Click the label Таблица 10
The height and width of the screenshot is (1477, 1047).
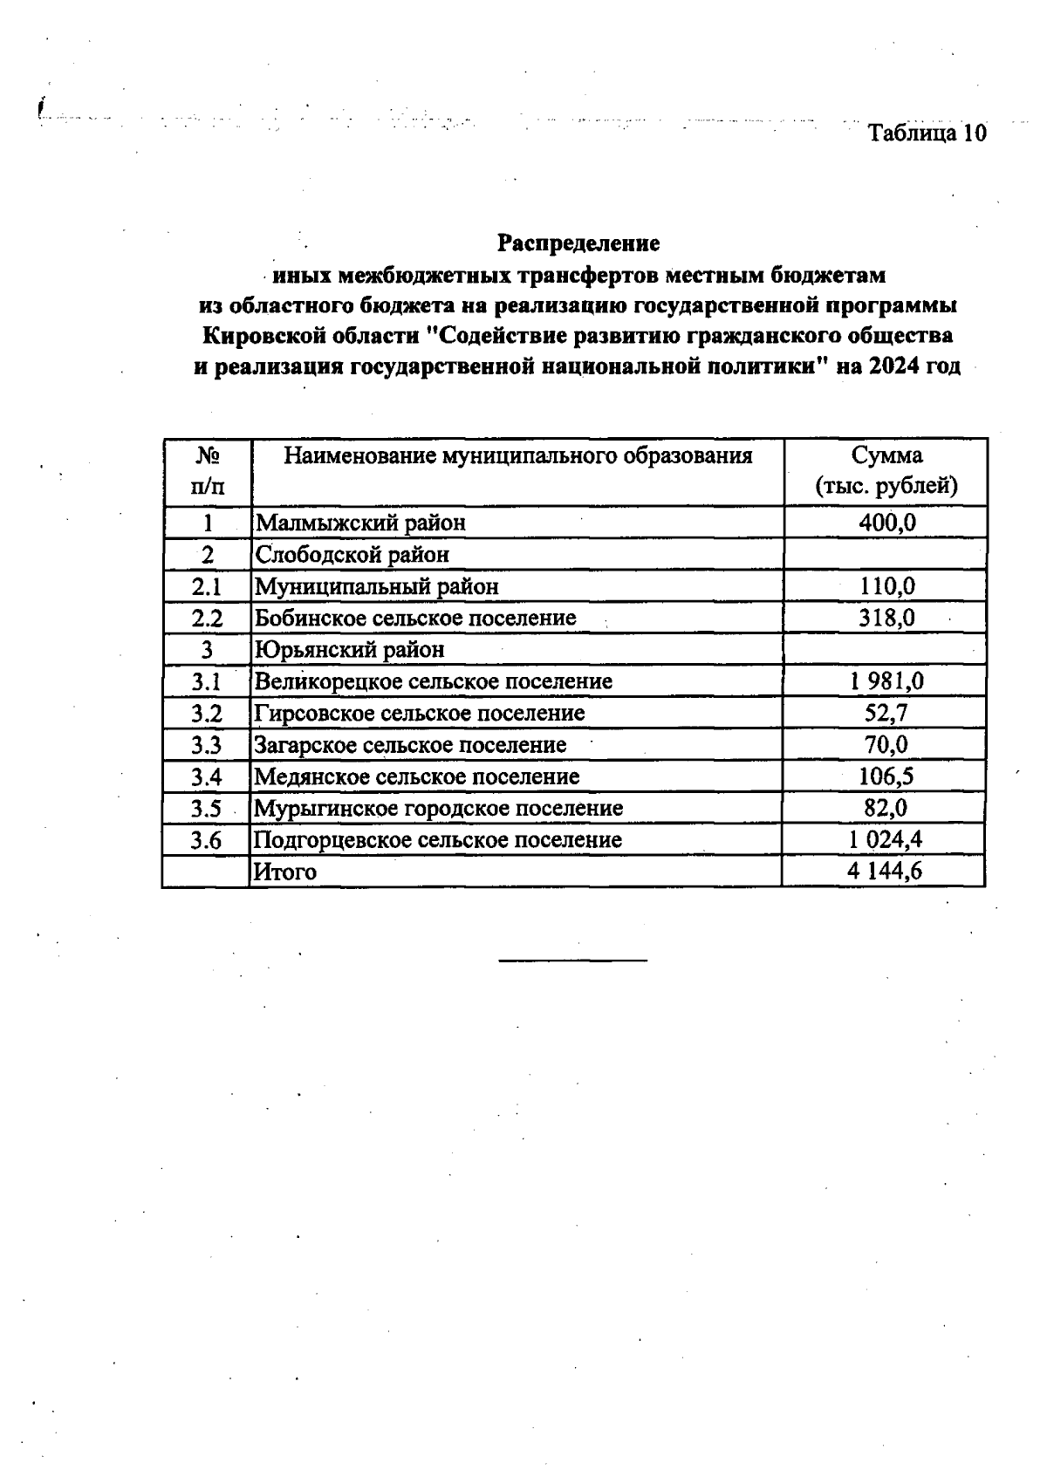927,133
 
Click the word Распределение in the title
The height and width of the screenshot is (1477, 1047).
578,242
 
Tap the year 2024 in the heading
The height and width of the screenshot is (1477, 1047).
892,366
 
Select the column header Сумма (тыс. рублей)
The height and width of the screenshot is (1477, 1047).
886,471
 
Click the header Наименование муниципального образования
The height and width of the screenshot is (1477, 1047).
518,456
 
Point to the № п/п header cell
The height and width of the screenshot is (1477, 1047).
208,471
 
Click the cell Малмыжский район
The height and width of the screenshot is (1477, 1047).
360,523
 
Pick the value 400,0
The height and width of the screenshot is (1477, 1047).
887,523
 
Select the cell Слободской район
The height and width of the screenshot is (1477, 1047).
352,554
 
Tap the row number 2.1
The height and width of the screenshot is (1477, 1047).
208,586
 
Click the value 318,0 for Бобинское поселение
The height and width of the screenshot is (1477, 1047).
887,618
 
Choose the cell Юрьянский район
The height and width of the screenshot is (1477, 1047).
349,650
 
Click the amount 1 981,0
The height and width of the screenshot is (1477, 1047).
886,681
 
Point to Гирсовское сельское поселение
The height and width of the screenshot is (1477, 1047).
420,713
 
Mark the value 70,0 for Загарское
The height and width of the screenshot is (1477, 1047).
886,745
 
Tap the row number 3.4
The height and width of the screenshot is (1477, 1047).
208,776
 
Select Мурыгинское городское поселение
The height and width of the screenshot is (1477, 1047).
438,808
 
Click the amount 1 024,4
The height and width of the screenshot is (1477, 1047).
886,840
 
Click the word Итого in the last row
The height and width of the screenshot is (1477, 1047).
284,872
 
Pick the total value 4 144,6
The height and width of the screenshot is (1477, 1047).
885,872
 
